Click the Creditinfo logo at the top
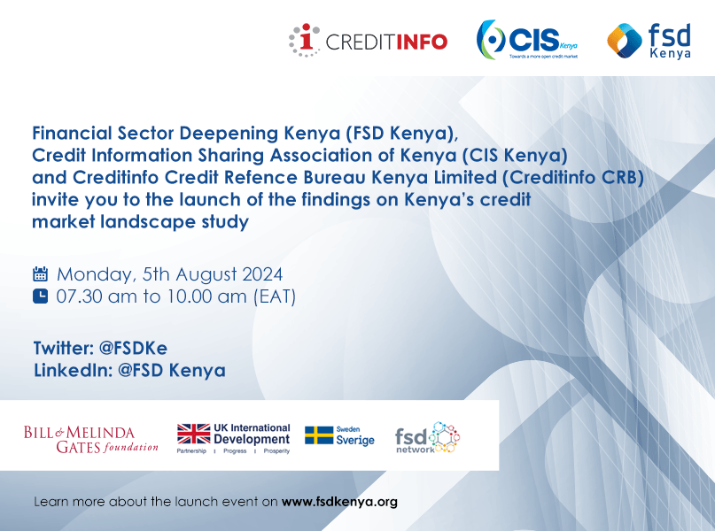point(369,41)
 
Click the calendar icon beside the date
point(41,273)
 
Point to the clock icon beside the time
point(41,296)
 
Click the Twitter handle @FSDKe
point(128,346)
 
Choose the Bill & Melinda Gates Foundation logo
point(91,438)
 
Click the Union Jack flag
point(193,434)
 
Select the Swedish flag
point(318,435)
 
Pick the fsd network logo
point(427,438)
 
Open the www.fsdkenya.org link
point(339,502)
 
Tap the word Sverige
point(354,441)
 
